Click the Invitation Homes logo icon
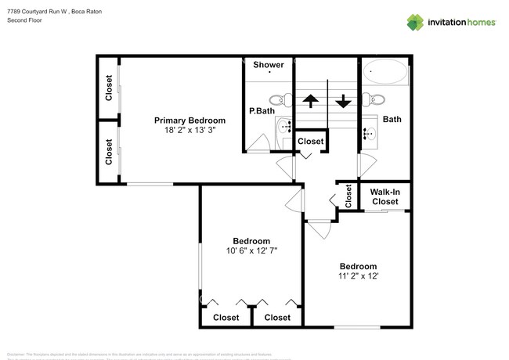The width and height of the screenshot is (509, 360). coord(415,22)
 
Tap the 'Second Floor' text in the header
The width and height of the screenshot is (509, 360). coord(25,20)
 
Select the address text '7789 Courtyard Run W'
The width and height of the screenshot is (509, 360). coord(38,12)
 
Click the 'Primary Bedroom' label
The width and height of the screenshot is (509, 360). coord(190,121)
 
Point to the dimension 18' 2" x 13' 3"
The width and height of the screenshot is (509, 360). coord(190,131)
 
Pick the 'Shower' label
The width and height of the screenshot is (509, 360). coord(268,65)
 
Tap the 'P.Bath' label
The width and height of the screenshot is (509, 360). coord(260,112)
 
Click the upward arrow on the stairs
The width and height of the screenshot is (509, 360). coord(310,101)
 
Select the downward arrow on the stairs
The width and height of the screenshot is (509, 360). coord(343,101)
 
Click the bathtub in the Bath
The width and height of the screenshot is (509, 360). coord(388,75)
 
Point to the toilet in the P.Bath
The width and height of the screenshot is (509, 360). coord(278,100)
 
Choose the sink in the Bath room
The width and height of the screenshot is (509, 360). coord(370,132)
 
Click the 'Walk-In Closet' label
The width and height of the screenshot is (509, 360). coord(384,196)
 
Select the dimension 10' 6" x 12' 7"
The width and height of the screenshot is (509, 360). coord(251,251)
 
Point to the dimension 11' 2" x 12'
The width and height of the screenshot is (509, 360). coord(358,276)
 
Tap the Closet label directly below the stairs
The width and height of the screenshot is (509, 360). coord(311,142)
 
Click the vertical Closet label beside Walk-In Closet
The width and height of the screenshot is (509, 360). coord(348,196)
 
